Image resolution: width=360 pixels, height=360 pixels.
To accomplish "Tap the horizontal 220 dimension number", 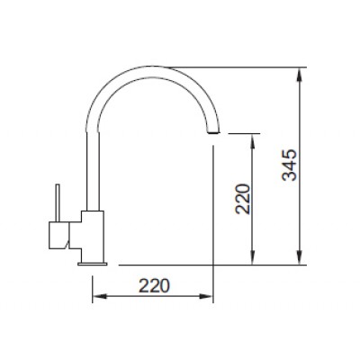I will (155, 287).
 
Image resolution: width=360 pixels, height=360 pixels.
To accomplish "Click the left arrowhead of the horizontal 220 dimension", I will (97, 298).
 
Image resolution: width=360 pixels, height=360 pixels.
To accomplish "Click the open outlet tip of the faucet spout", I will (213, 131).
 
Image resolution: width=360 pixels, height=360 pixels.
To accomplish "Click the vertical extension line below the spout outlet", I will (213, 216).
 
